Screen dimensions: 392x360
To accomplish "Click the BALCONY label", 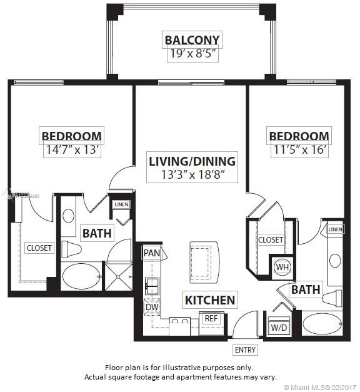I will (192, 41).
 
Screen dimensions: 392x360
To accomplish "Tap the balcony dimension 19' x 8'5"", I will (192, 54).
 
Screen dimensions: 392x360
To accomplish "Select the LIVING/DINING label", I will (192, 161).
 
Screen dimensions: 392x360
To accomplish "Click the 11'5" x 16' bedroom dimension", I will (298, 149).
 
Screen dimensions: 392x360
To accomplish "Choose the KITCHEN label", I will (210, 300).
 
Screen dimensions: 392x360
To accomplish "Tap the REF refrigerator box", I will (211, 318).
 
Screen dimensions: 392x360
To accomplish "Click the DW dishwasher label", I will (151, 307).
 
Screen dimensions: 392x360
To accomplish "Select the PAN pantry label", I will (151, 253).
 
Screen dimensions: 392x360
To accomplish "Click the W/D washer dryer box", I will (279, 327).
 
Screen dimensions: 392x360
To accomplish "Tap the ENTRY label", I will (244, 350).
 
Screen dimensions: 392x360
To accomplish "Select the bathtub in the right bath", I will (321, 324).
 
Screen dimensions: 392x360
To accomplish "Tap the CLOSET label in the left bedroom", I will (39, 248).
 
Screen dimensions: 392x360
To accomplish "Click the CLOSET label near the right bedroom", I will (270, 239).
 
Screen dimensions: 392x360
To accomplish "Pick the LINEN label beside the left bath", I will (121, 204).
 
